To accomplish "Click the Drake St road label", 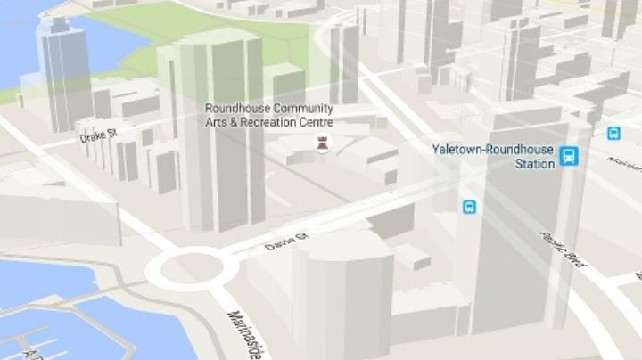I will click(x=99, y=136).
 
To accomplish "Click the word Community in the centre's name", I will click(x=301, y=109).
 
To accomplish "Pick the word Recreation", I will click(x=280, y=122).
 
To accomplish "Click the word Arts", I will click(x=218, y=122).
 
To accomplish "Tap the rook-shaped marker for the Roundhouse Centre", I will click(x=319, y=143).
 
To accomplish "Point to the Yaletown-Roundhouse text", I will click(x=491, y=150).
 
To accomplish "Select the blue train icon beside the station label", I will click(x=569, y=156).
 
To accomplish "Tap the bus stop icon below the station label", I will click(x=469, y=207).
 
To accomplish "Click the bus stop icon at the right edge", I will click(x=613, y=133).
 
